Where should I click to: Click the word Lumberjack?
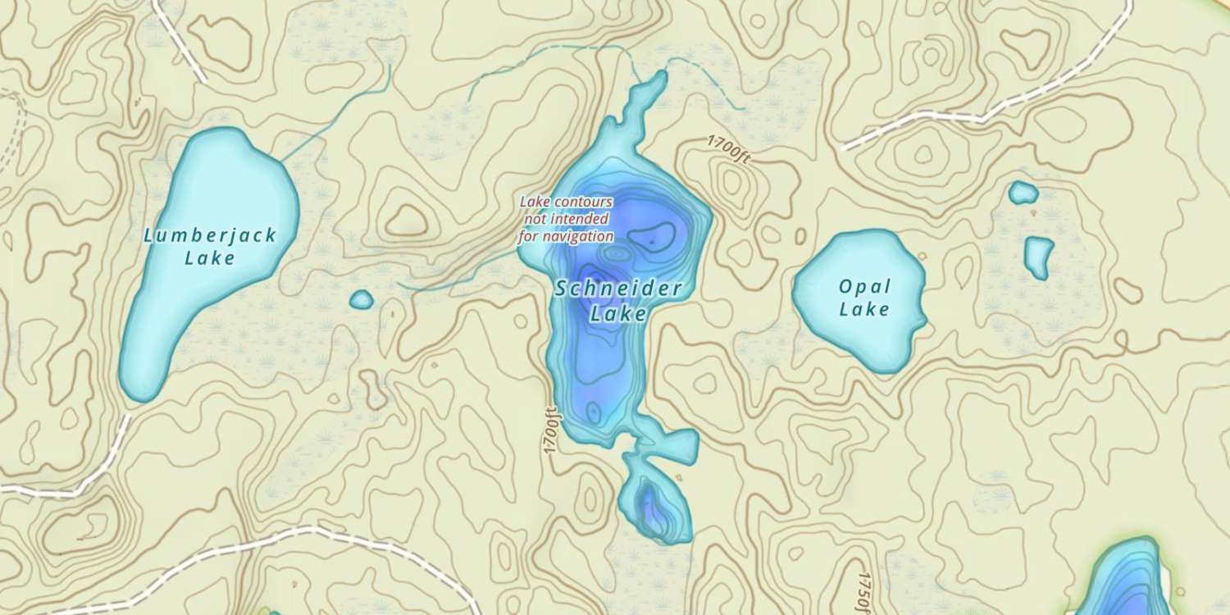(210, 236)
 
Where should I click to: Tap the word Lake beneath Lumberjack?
(210, 258)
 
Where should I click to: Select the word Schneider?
(618, 289)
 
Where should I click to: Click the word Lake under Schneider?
(618, 313)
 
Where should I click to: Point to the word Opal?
(864, 287)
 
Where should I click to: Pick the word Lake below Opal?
(864, 309)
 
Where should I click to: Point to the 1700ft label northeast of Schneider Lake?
(728, 150)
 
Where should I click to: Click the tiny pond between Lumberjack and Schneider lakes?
(361, 300)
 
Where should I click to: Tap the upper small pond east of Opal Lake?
(1023, 193)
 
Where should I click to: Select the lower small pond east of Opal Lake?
(1039, 257)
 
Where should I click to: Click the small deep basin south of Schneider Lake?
(653, 507)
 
